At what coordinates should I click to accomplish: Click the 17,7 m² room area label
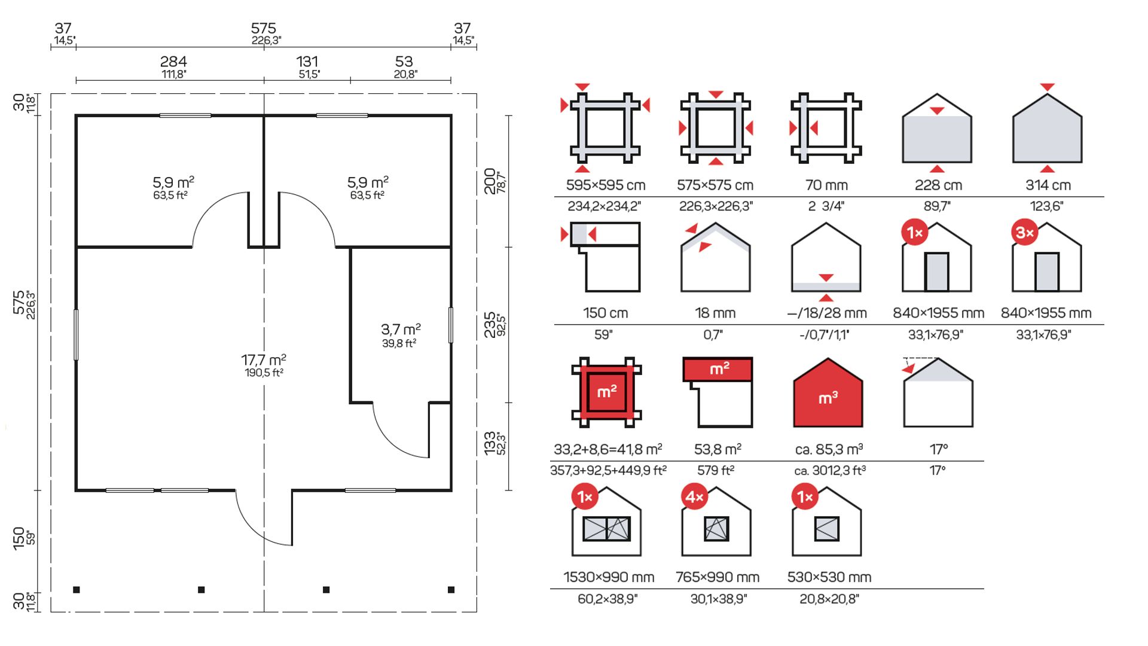point(264,360)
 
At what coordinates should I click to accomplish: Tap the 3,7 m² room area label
point(401,330)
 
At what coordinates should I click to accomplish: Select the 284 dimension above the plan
point(173,62)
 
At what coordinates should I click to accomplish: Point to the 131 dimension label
point(307,62)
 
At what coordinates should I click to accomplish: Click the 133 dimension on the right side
point(491,443)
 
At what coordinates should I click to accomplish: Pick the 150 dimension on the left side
point(19,537)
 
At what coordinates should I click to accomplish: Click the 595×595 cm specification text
point(606,185)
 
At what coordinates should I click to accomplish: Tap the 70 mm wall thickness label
point(826,185)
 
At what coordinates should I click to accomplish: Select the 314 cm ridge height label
point(1048,185)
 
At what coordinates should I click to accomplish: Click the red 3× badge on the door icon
point(1025,233)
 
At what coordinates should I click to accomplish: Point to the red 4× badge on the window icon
point(695,497)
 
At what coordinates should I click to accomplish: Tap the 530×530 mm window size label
point(829,577)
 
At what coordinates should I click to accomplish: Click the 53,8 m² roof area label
point(717,449)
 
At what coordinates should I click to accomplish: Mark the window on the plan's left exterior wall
point(76,334)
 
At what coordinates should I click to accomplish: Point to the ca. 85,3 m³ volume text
point(829,449)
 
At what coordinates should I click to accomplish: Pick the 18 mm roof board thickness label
point(715,313)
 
